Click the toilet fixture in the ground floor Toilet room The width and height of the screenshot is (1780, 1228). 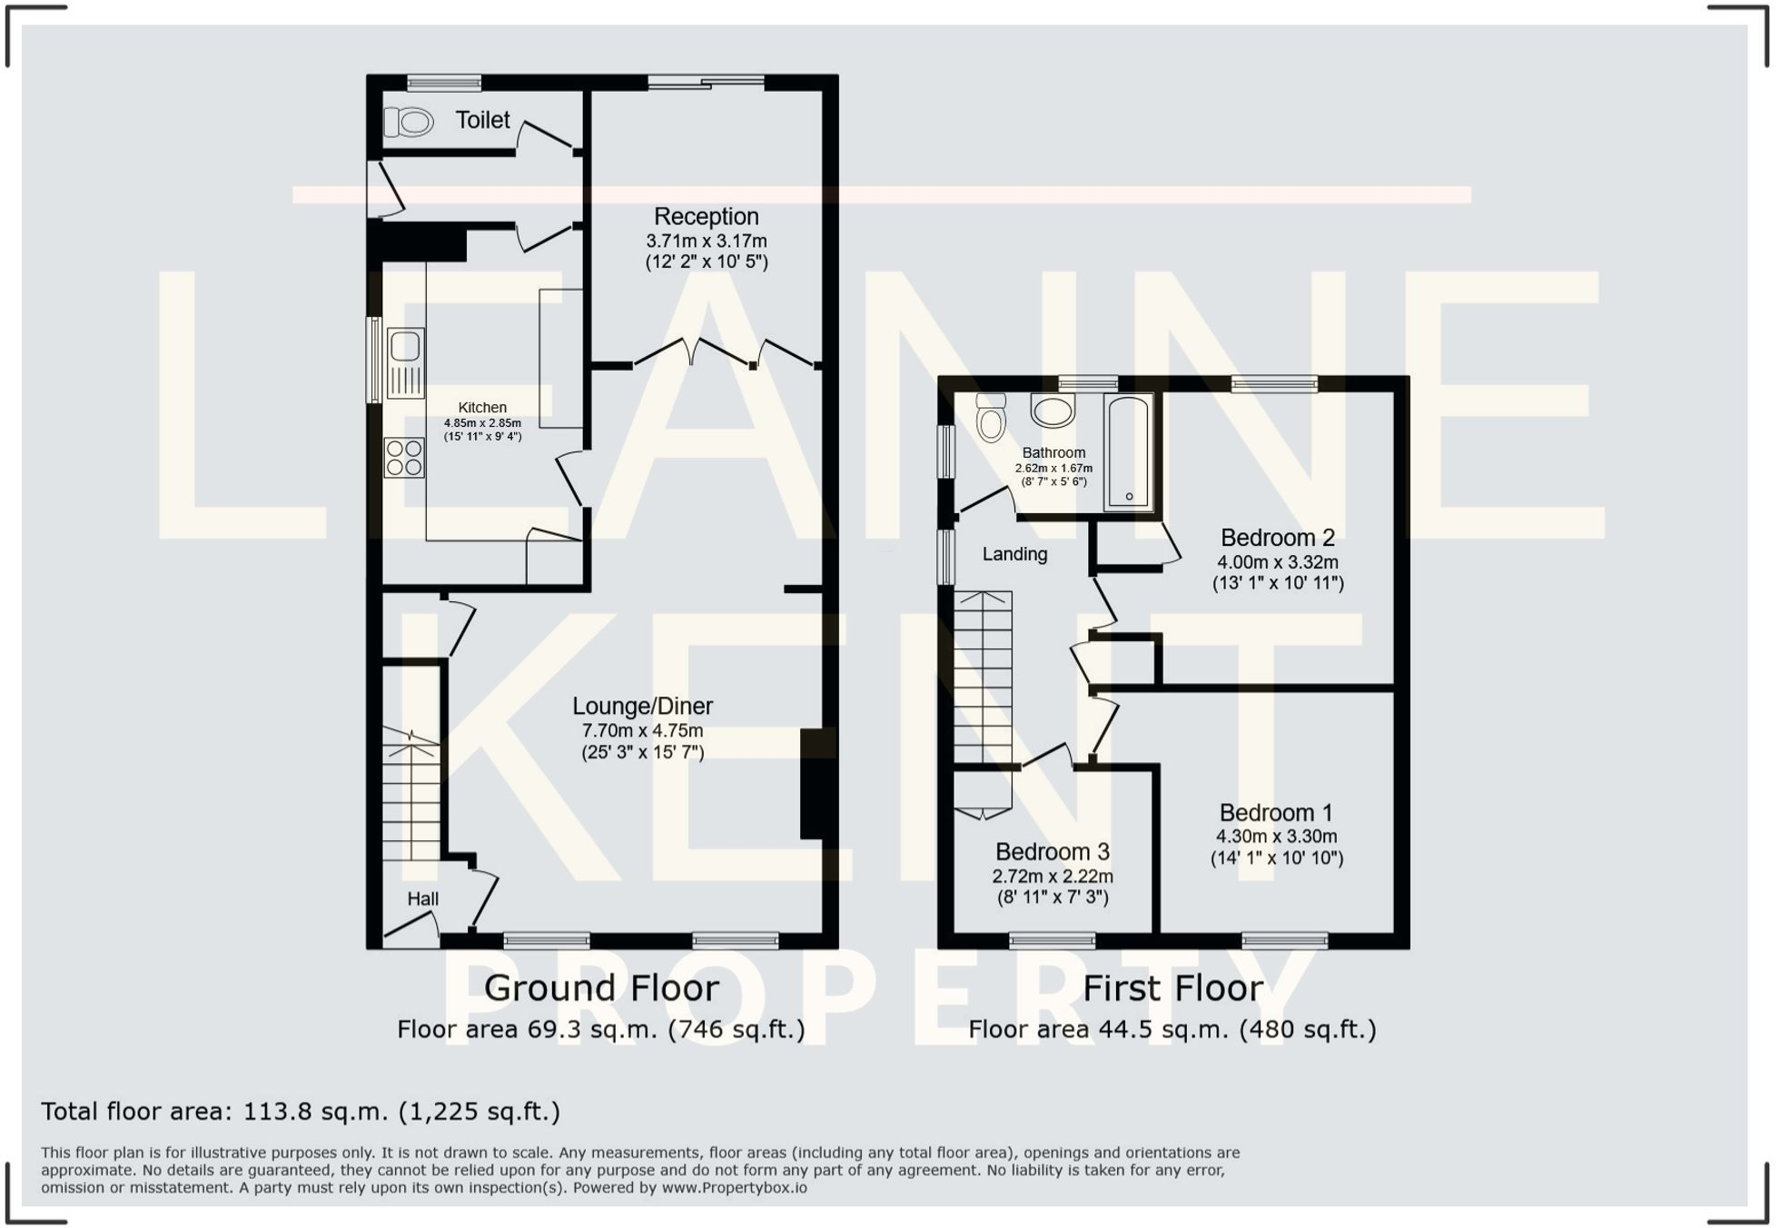point(410,122)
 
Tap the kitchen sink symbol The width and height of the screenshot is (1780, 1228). point(405,361)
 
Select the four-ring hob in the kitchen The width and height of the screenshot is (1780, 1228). point(404,458)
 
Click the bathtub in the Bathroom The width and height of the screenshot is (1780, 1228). point(1129,451)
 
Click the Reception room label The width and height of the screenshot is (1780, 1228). point(706,217)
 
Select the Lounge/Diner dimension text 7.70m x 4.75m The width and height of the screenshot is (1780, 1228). point(642,730)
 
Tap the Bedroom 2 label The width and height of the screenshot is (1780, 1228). point(1277,538)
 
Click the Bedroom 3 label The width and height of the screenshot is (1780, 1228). point(1052,852)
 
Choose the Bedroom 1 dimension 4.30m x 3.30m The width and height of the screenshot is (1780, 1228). point(1276,837)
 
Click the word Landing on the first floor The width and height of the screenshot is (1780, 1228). point(1014,554)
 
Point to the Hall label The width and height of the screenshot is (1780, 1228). point(422,899)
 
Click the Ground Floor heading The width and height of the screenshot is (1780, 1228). point(601,988)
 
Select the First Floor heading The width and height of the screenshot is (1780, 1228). point(1172,988)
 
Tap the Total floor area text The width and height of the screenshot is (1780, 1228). point(300,1112)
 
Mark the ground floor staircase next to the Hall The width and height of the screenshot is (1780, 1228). point(410,795)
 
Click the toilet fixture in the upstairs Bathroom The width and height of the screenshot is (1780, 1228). point(991,419)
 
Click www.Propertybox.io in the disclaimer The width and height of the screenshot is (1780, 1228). point(734,1188)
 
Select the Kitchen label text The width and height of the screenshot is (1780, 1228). point(482,408)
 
